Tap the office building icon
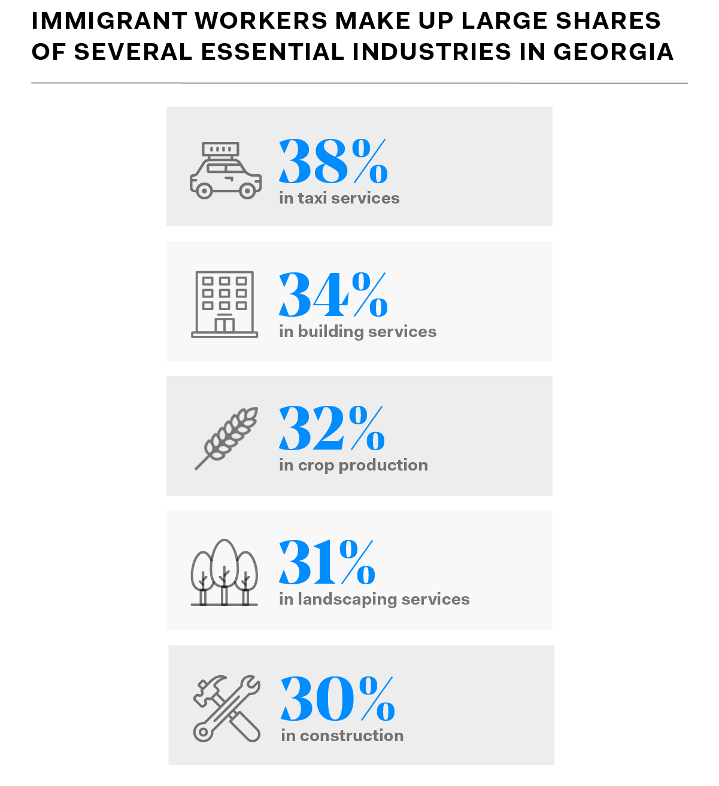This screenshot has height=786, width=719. pos(225,304)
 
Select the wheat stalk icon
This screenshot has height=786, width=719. pos(227,438)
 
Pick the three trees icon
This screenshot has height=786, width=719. pos(225,573)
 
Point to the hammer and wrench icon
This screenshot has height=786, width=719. pos(227,709)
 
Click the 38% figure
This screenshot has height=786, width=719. pos(333,161)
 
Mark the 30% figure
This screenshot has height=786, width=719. pos(338,699)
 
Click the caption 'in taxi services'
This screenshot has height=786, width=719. pos(339,198)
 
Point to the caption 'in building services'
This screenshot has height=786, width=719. pos(357,332)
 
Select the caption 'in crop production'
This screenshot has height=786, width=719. pos(353,465)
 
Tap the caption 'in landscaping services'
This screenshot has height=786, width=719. pos(374,599)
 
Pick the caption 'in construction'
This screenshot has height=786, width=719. pos(342,736)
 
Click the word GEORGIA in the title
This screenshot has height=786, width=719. pos(614,52)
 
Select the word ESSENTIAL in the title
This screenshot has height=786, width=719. pos(272,52)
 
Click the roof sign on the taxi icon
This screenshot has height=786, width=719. pos(220,149)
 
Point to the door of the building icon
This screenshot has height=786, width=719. pos(225,325)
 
